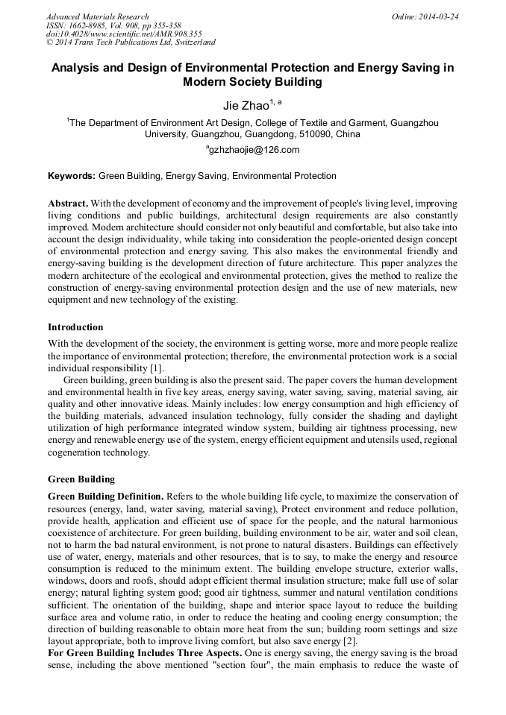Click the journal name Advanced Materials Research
(97, 16)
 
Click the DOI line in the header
(123, 34)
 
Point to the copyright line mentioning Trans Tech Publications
(131, 43)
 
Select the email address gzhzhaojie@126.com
(254, 149)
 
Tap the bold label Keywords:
(72, 177)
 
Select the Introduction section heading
(75, 327)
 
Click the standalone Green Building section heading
(81, 479)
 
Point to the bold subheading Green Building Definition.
(104, 497)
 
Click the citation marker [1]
(155, 369)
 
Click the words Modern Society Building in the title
(252, 82)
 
